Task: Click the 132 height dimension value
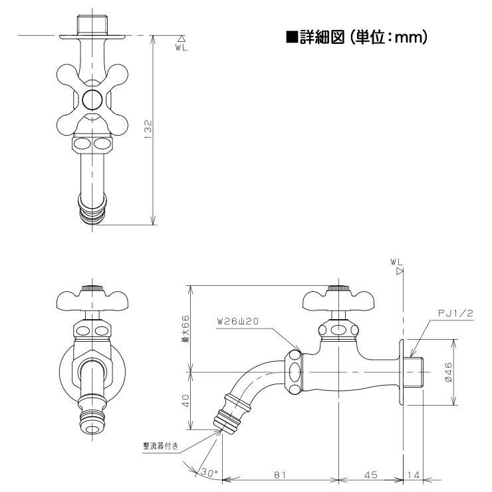148,130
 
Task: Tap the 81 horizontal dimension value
280,475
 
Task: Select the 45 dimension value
371,475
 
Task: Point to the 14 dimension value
414,475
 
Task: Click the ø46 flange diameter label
448,372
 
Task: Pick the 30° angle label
209,473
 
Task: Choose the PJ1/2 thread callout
455,313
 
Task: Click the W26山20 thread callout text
237,321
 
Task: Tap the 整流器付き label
161,446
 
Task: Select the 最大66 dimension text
186,328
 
